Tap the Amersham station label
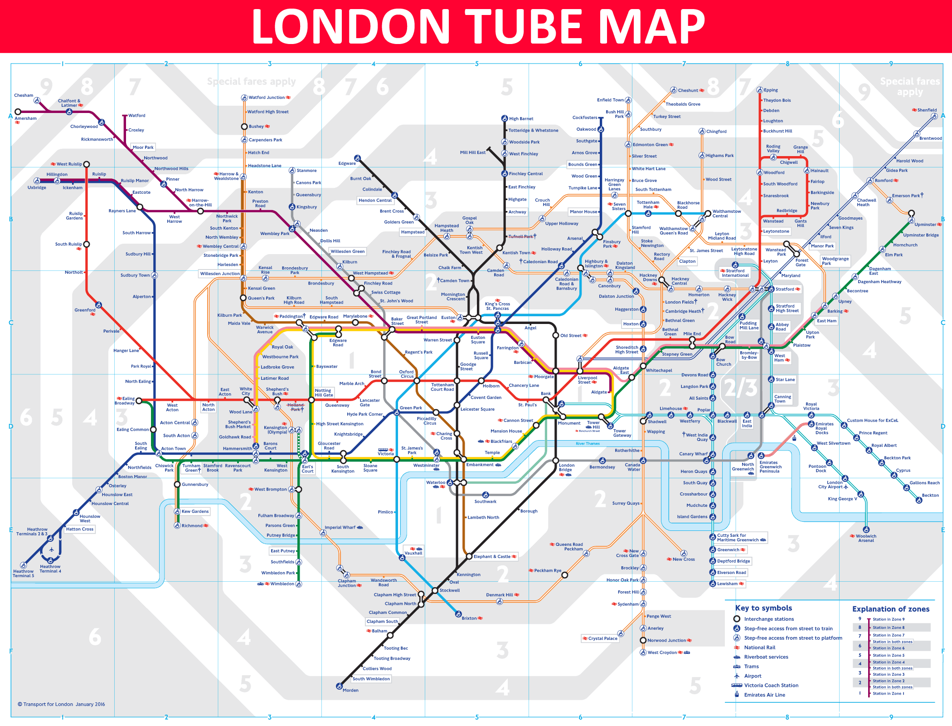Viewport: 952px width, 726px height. [x=25, y=118]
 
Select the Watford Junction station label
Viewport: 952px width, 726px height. [x=267, y=98]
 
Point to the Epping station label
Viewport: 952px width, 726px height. [x=771, y=90]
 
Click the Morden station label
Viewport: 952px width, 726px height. [x=350, y=690]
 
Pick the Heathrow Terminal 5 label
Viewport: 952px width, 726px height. [x=23, y=574]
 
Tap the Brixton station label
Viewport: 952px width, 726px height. [x=469, y=618]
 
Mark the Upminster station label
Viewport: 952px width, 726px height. [x=925, y=225]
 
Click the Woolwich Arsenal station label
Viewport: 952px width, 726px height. [x=866, y=538]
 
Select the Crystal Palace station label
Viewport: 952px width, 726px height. [x=602, y=638]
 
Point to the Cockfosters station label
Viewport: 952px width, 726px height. [x=585, y=118]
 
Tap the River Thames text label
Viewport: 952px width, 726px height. [x=588, y=443]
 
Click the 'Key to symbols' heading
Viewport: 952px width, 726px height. [x=763, y=608]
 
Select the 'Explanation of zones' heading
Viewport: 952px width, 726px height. [x=890, y=609]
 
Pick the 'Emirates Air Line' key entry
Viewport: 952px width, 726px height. [x=764, y=695]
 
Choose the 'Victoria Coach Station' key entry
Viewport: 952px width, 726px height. [x=771, y=685]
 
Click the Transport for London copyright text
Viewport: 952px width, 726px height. [x=61, y=704]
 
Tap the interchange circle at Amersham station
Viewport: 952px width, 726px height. [x=18, y=112]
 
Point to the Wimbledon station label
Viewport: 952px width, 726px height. [x=282, y=584]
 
